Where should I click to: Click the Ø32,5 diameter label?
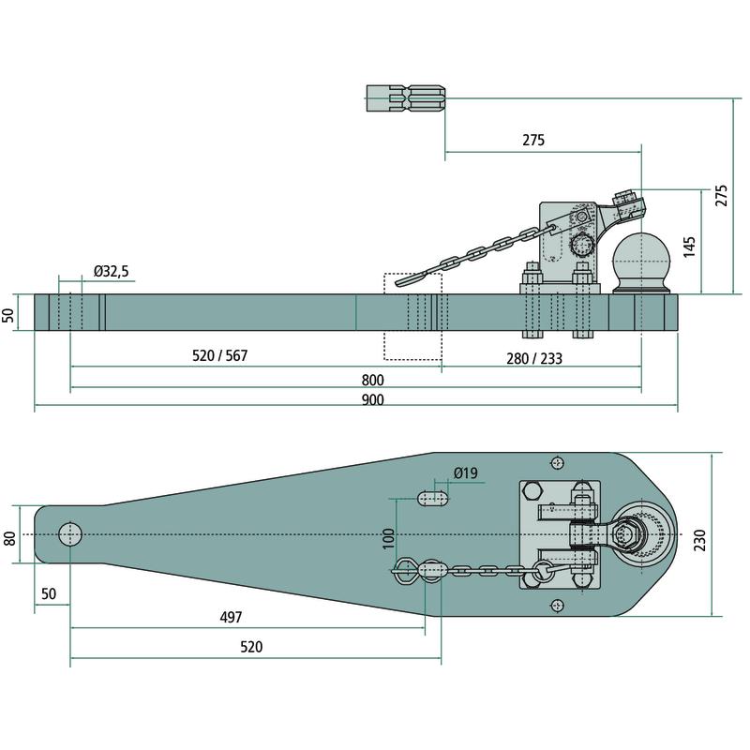(111, 272)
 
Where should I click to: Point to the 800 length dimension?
(373, 381)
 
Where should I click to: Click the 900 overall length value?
(373, 400)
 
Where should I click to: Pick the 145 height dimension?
(690, 246)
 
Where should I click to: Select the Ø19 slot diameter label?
(465, 473)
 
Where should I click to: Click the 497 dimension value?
(231, 617)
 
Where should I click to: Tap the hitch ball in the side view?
(639, 257)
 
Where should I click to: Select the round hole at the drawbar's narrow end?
(70, 534)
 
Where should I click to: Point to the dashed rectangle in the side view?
(412, 316)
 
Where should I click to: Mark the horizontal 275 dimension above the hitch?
(532, 141)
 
